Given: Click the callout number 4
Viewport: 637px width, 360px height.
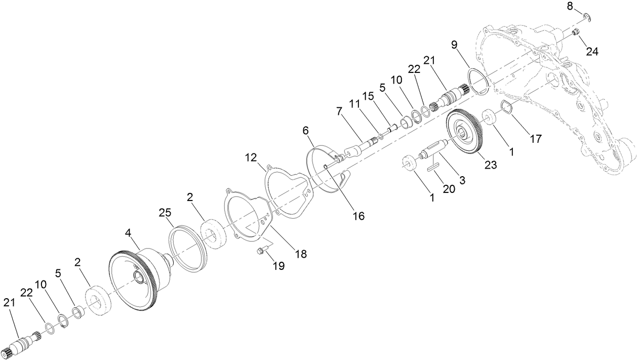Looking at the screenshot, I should point(129,233).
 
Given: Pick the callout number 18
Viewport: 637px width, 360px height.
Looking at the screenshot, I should point(301,254).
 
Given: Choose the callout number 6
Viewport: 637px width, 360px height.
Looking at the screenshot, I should point(306,131).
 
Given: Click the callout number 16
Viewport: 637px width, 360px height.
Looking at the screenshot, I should point(359,215).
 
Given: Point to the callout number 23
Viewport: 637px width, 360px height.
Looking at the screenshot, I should point(491,165).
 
